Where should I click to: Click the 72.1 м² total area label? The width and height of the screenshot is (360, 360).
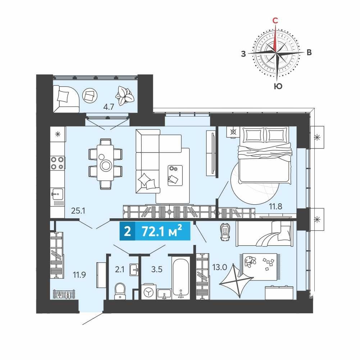(162, 231)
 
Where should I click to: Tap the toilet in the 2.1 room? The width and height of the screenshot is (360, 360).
(120, 291)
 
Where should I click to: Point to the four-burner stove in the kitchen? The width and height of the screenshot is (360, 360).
(58, 163)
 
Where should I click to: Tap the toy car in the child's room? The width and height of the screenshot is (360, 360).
(225, 232)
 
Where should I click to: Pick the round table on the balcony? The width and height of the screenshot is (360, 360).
(90, 96)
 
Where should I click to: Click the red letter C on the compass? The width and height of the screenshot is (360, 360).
(275, 20)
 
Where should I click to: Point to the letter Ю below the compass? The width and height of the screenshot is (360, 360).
(278, 86)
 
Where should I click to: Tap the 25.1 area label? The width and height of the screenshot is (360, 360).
(78, 210)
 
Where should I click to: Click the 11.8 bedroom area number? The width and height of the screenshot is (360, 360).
(275, 206)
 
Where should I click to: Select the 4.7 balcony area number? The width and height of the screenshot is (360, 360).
(109, 107)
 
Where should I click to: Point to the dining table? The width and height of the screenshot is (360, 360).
(105, 163)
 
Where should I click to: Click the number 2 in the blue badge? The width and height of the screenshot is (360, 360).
(127, 231)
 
